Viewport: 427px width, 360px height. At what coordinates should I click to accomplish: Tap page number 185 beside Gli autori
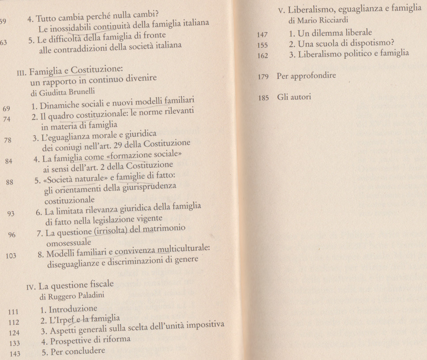[x=264, y=98]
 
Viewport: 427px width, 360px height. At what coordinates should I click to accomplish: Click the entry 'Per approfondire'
[x=306, y=75]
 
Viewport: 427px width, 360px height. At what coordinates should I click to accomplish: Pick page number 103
[x=11, y=255]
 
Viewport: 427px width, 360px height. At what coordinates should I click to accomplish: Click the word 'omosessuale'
[x=68, y=242]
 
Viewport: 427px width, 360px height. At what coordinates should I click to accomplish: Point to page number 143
[x=14, y=353]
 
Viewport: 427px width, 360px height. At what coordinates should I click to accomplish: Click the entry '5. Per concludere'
[x=73, y=351]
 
